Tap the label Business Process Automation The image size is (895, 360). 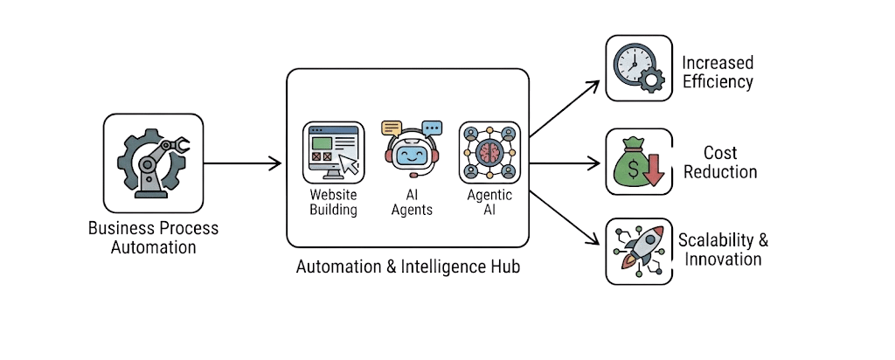(153, 238)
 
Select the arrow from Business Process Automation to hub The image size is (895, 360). (242, 163)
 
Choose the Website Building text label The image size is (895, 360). (333, 203)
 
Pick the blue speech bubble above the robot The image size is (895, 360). (431, 128)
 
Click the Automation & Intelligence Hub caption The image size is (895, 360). (407, 267)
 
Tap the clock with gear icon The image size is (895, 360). (638, 68)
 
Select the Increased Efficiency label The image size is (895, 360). (718, 73)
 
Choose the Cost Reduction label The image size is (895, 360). (719, 163)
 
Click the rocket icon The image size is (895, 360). (639, 251)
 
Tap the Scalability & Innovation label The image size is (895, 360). (722, 249)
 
